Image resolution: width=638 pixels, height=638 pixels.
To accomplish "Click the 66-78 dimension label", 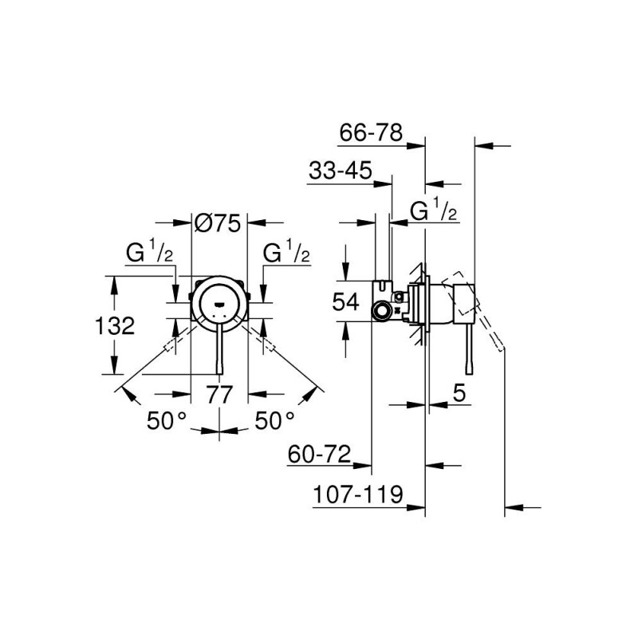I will pos(370,132).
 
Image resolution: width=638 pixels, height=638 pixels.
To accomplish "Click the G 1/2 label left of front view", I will pos(150,254).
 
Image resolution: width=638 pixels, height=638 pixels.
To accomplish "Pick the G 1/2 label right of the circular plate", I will pos(287,254).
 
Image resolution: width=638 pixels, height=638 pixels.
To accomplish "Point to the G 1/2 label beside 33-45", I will pos(433,211).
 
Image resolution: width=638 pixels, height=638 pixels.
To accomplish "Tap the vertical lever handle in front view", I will pos(221,351).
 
